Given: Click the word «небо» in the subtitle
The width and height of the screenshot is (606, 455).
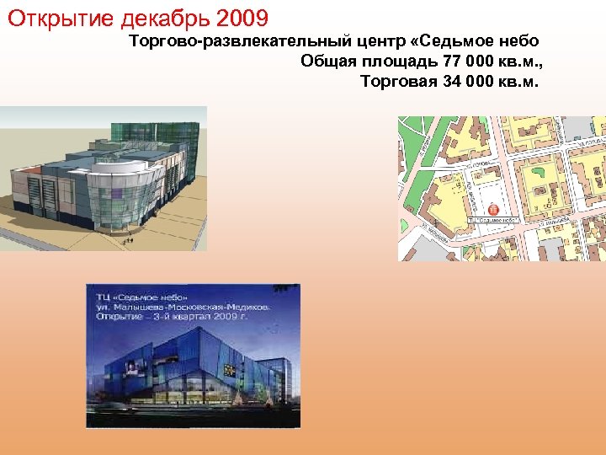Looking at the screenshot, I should (x=514, y=40).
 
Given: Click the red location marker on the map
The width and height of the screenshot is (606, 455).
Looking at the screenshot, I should (x=493, y=208).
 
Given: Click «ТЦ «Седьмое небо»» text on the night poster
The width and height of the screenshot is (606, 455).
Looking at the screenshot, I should (x=143, y=297).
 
